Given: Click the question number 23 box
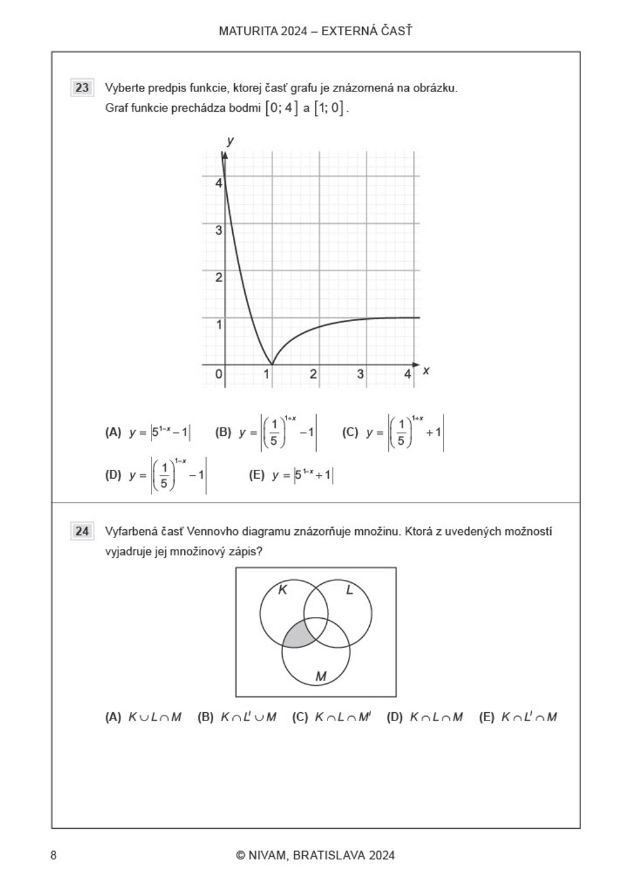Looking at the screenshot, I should pyautogui.click(x=82, y=88).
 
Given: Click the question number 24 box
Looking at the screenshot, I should pyautogui.click(x=82, y=531).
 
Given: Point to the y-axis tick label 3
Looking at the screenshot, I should pyautogui.click(x=219, y=230).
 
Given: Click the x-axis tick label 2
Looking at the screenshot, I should pyautogui.click(x=313, y=374).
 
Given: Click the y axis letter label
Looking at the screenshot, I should pyautogui.click(x=230, y=140).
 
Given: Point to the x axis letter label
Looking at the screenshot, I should pyautogui.click(x=426, y=371).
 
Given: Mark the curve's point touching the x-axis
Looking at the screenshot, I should pyautogui.click(x=272, y=364).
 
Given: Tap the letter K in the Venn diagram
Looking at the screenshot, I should pyautogui.click(x=283, y=590).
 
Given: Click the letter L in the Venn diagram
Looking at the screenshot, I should pyautogui.click(x=350, y=590).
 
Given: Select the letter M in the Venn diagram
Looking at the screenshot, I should pyautogui.click(x=321, y=676).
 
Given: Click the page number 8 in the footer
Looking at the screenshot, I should pyautogui.click(x=54, y=855).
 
